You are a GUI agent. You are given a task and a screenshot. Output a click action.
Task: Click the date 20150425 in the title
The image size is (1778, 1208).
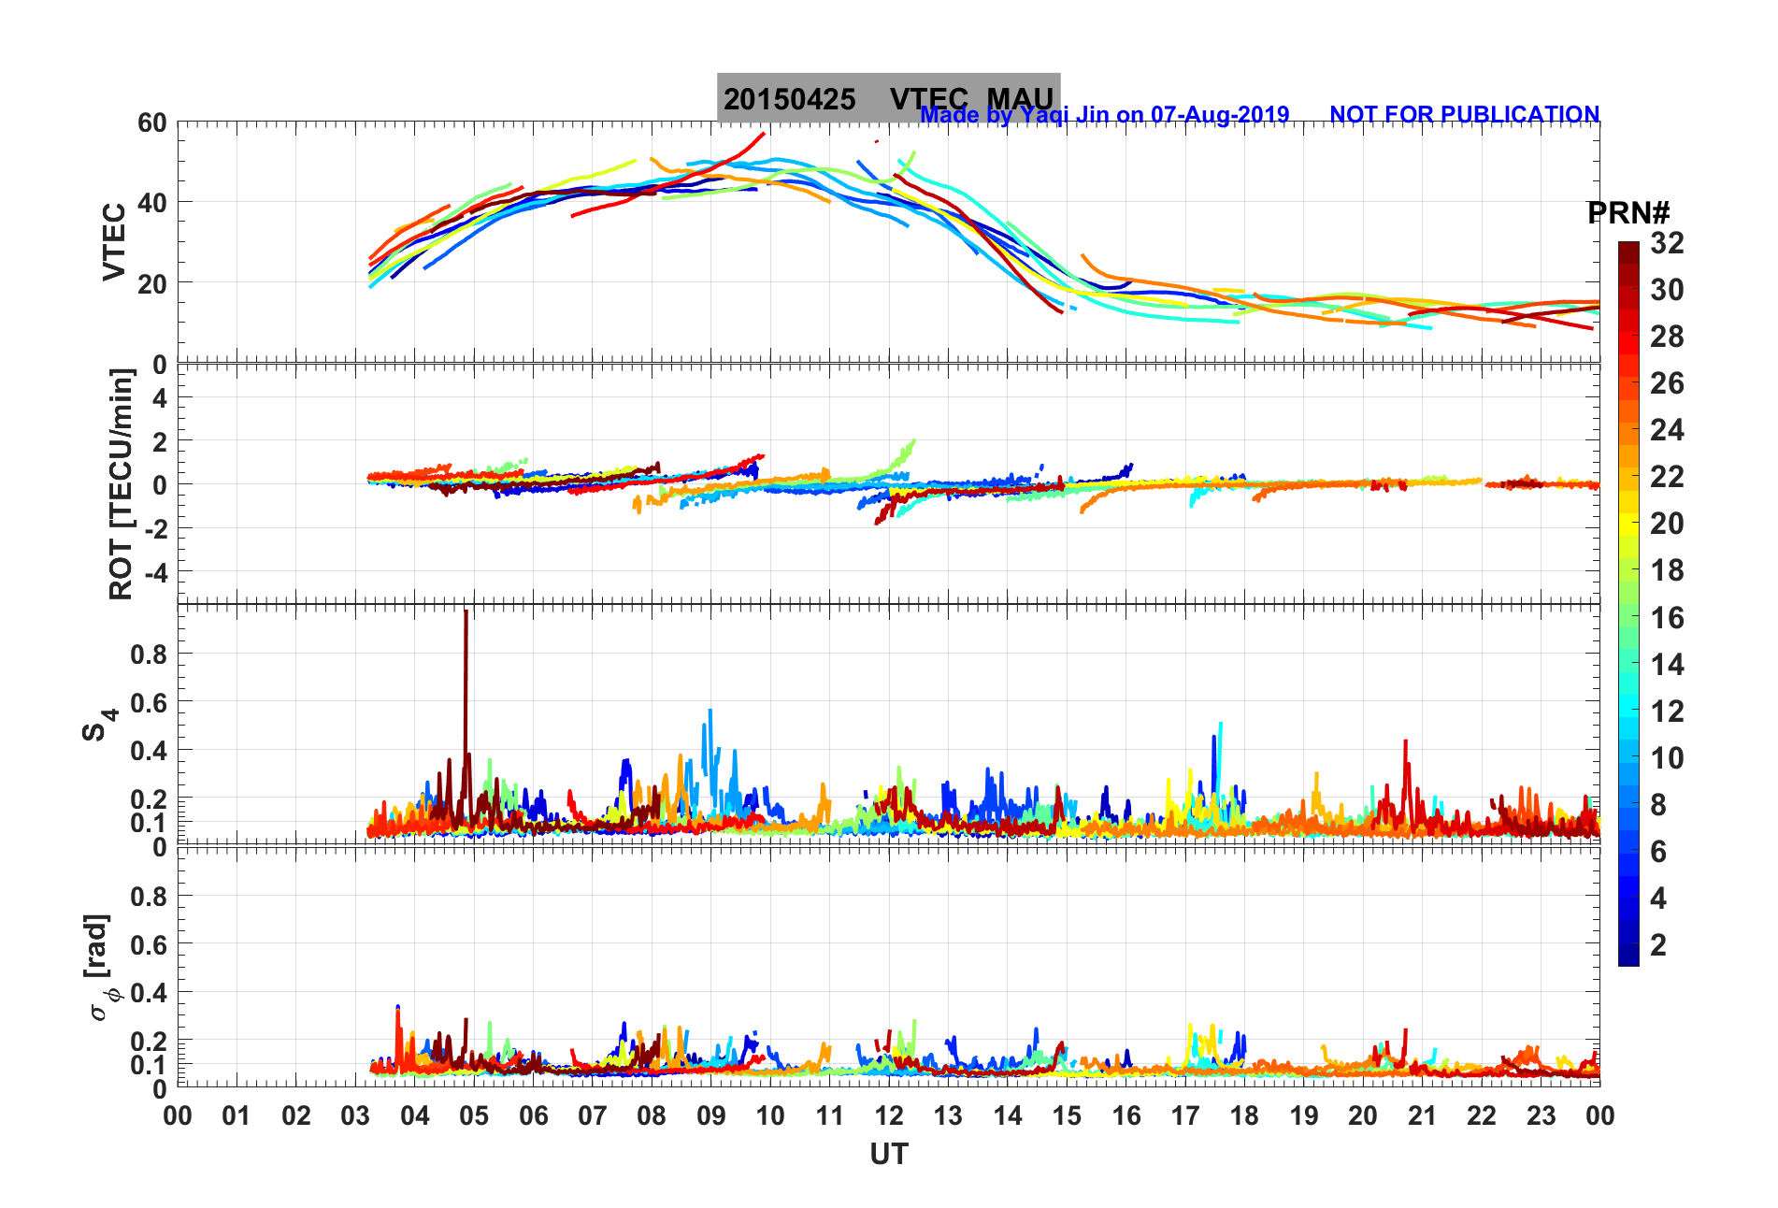coord(789,99)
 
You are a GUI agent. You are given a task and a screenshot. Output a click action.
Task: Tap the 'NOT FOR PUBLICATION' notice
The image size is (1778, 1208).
coord(1464,114)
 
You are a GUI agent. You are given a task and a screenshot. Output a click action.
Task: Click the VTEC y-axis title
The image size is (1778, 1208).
coord(114,241)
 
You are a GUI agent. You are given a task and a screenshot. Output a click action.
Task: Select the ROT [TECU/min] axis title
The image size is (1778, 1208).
coord(122,483)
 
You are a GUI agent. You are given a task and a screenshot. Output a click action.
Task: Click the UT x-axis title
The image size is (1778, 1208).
coord(888,1155)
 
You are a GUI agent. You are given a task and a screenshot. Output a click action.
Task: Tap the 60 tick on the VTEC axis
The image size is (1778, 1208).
coord(151,122)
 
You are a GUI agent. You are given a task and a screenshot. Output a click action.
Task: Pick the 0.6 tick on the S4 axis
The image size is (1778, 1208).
coord(148,702)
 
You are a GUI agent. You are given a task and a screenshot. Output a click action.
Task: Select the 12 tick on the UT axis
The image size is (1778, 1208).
coord(889,1115)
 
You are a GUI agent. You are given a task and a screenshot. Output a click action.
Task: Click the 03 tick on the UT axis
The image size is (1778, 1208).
coord(355,1115)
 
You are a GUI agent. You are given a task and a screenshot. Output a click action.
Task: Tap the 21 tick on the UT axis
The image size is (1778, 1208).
coord(1422,1115)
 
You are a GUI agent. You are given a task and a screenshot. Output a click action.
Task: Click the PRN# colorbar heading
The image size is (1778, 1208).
coord(1628,213)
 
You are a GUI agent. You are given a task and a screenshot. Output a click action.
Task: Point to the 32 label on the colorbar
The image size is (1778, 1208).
coord(1667,243)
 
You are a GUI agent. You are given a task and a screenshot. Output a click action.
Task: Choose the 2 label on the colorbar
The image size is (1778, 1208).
coord(1658,944)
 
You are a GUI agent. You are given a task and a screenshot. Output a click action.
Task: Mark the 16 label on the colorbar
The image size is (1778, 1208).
coord(1667,617)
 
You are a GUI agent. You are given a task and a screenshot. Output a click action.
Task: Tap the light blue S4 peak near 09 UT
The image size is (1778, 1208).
coord(710,712)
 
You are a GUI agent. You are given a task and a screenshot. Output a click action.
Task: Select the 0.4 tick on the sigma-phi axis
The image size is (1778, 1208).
coord(148,992)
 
